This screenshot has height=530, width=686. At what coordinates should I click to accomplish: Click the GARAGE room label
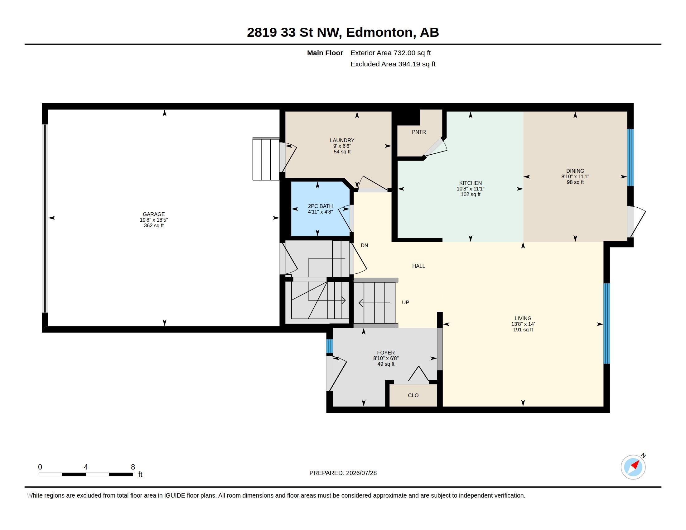(154, 214)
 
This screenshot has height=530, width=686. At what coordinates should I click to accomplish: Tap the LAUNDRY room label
(342, 140)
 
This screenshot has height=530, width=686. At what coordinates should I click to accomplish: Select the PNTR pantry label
(419, 132)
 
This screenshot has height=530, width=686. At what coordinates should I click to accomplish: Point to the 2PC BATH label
(320, 206)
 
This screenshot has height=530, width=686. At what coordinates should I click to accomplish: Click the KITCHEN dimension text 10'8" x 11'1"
(470, 189)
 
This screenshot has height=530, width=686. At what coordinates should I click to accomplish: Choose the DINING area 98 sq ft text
(575, 182)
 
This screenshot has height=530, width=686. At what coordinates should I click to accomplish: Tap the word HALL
(418, 266)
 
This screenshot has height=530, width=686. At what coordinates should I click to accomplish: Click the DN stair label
(364, 246)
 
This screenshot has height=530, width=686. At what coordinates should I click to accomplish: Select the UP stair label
(405, 302)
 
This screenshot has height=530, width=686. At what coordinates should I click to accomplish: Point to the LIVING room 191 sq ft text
(523, 330)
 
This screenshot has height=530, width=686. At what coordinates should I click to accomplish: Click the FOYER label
(386, 353)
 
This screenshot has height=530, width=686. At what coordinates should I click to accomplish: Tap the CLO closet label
(413, 395)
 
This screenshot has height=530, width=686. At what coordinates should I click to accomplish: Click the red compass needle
(635, 465)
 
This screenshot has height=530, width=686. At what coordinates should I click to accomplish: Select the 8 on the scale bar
(133, 467)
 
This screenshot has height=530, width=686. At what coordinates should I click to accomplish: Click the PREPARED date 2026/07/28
(361, 473)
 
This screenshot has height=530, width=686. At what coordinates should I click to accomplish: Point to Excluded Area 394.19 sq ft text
(393, 64)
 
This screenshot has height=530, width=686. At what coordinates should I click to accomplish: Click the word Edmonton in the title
(379, 33)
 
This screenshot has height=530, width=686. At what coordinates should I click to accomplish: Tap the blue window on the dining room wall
(630, 158)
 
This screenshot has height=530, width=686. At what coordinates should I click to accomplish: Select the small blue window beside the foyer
(329, 346)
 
